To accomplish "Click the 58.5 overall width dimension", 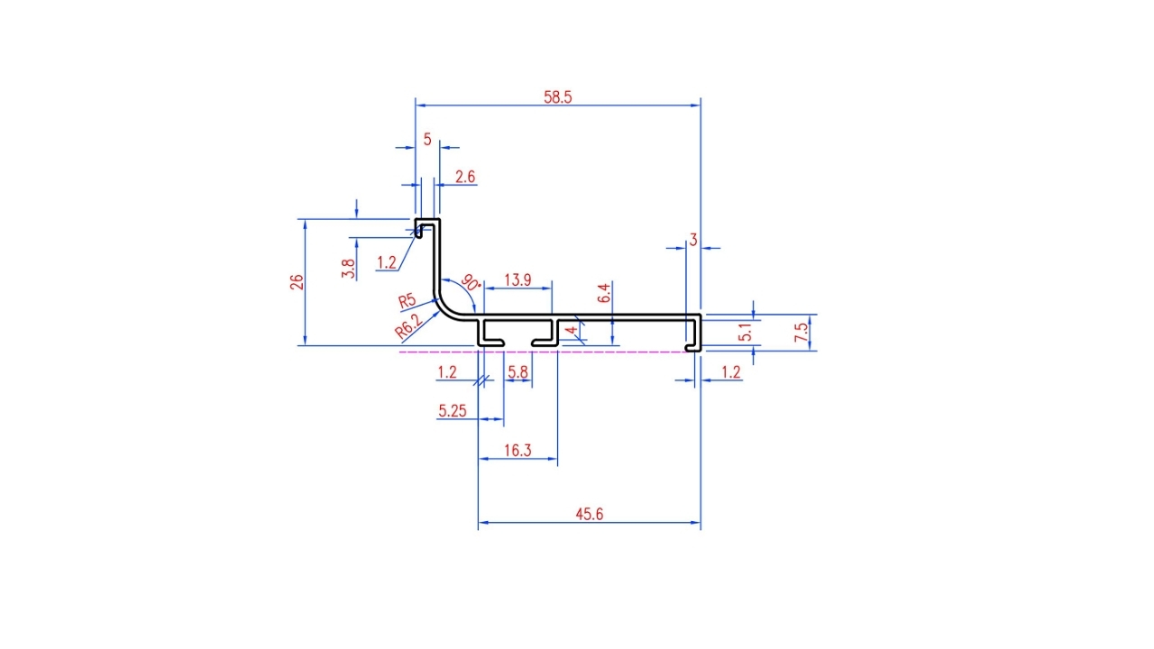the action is click(557, 96).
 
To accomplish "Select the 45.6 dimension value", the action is click(589, 514).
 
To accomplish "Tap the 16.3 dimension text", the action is click(517, 451).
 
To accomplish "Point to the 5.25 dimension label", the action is click(452, 411).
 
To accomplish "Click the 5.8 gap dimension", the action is click(517, 372).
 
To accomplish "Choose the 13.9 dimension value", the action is click(517, 280).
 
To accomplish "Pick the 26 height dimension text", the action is click(297, 282).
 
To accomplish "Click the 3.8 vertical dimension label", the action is click(348, 269).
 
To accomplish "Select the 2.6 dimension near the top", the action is click(464, 178).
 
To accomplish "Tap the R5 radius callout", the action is click(407, 301).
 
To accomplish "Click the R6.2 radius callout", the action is click(408, 325).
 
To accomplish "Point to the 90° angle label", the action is click(471, 282).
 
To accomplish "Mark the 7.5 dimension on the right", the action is click(801, 333).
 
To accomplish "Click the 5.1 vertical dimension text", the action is click(745, 333).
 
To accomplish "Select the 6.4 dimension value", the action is click(604, 293).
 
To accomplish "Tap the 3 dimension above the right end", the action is click(693, 240).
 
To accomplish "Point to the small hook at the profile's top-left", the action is click(419, 228).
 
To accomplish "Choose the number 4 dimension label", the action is click(572, 330).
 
